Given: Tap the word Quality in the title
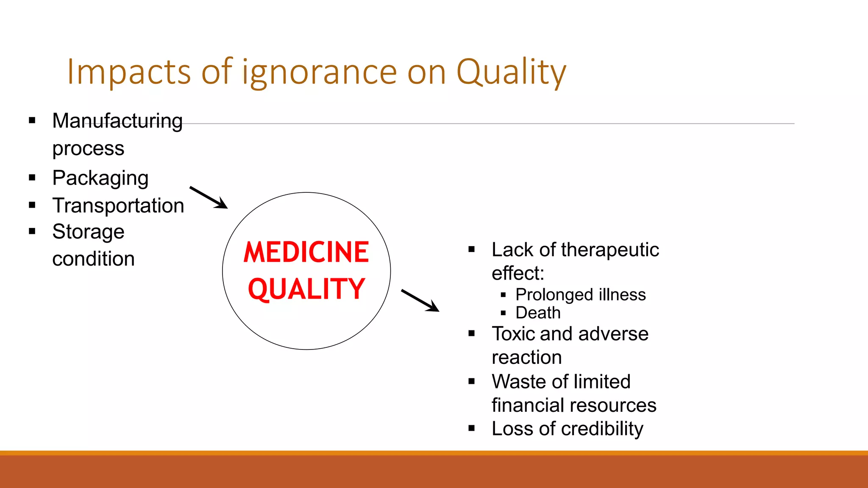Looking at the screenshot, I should point(511,72).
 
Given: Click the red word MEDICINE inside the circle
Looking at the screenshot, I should point(306,252).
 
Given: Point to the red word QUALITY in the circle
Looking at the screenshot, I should point(306,289).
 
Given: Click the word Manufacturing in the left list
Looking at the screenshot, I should point(117,121).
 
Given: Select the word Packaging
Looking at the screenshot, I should point(100,178).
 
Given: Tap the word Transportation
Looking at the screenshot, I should point(118,206).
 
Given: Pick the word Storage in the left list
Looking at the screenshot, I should point(88,232).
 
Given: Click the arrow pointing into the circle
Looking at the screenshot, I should point(209,197).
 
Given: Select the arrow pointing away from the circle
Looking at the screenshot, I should point(420,300).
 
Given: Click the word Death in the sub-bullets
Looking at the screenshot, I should point(538,313).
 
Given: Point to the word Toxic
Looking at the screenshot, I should point(513,334).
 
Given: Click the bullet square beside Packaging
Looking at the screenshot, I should point(32,178).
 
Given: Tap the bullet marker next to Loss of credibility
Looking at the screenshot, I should point(472,428).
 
